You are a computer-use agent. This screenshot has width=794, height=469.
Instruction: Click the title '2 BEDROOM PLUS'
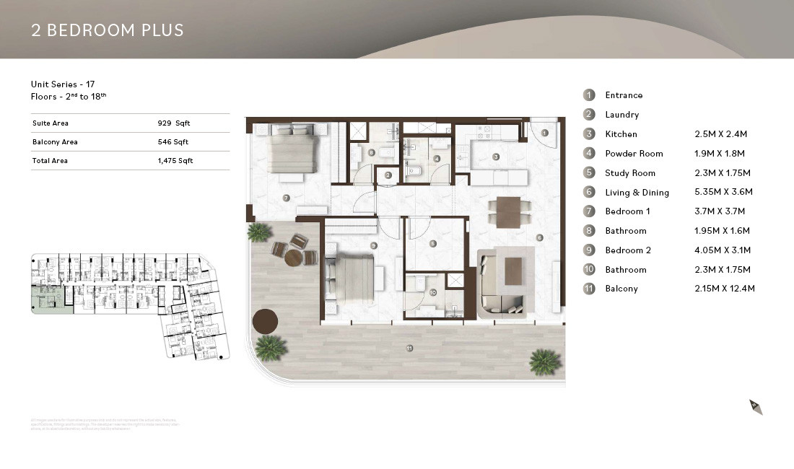[x=108, y=30]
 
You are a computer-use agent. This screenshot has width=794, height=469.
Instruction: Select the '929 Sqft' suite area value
[x=173, y=123]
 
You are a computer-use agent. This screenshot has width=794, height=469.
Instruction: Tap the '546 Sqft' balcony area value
[x=173, y=142]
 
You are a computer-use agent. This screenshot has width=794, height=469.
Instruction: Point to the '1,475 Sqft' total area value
[x=175, y=161]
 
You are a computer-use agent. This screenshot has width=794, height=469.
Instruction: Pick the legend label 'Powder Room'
[x=634, y=154]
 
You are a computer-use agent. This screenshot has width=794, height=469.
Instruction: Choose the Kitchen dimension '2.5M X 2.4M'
[x=720, y=134]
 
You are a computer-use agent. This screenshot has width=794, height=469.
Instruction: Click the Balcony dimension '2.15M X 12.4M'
[x=724, y=289]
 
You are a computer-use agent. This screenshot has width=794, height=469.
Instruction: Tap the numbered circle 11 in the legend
[x=589, y=289]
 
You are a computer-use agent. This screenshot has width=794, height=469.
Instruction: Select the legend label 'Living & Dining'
[x=637, y=193]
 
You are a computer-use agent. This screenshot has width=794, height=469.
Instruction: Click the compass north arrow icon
[x=756, y=407]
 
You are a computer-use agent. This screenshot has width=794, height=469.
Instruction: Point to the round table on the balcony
[x=294, y=258]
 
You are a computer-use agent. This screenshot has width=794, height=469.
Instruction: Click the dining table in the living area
[x=508, y=212]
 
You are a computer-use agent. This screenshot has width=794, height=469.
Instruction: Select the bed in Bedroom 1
[x=290, y=149]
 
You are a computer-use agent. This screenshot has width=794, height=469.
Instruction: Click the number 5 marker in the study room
[x=432, y=244]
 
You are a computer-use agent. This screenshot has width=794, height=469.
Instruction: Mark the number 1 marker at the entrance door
[x=545, y=133]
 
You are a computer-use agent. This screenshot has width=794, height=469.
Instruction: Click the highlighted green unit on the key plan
[x=51, y=298]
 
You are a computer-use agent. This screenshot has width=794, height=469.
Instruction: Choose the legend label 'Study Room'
[x=630, y=173]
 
